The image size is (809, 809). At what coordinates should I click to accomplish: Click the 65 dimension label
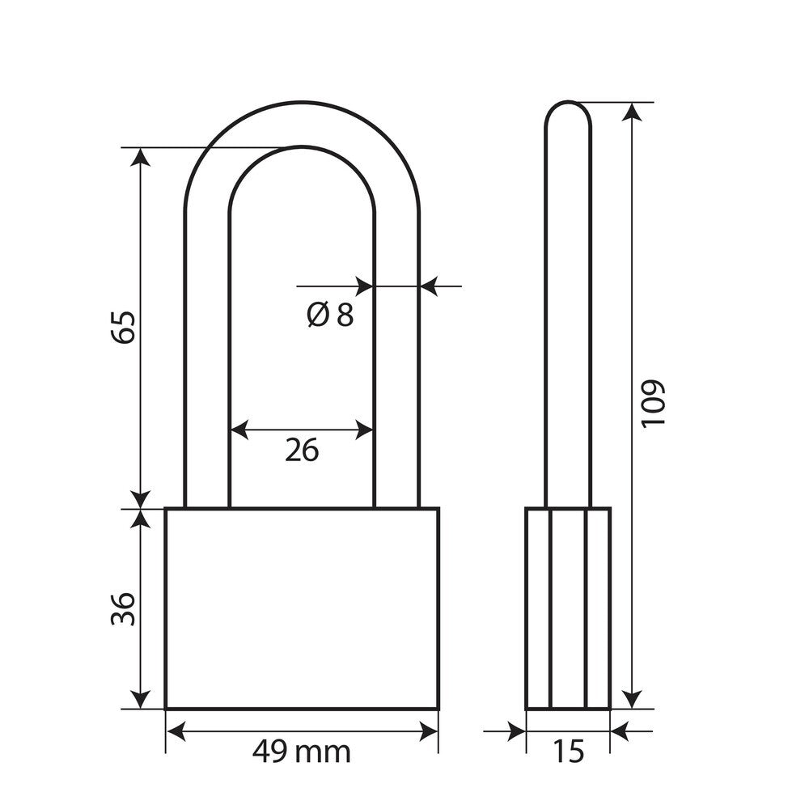click(123, 327)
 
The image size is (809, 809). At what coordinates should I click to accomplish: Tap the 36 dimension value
click(123, 609)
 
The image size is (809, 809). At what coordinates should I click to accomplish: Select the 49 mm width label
click(301, 752)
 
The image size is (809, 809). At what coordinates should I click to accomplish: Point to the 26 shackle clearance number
click(302, 450)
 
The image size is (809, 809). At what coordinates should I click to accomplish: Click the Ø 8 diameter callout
click(330, 314)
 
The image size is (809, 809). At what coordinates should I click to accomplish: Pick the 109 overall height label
click(653, 404)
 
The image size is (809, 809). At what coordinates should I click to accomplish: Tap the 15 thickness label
click(568, 752)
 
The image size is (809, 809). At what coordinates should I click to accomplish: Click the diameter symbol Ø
click(318, 314)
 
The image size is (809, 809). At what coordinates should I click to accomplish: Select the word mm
click(325, 754)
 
